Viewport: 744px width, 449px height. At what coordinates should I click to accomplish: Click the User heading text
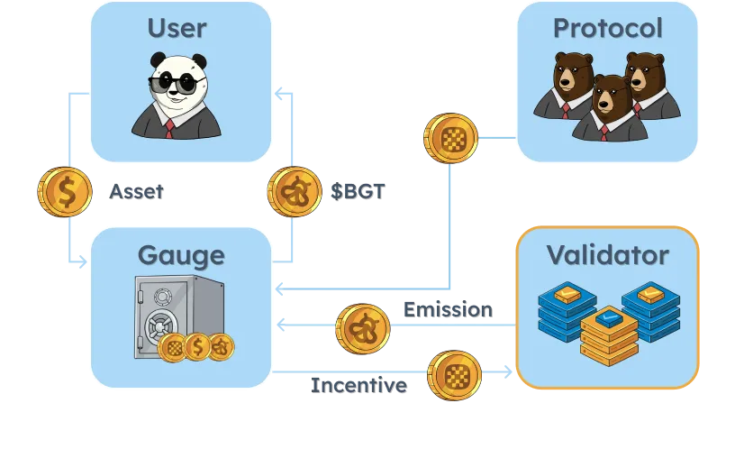click(177, 28)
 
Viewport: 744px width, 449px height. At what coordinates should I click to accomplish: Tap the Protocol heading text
click(608, 28)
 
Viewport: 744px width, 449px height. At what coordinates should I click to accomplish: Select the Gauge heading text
click(181, 256)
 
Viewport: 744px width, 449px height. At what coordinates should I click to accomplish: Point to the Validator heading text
click(608, 255)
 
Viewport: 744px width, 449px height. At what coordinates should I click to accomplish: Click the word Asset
click(136, 192)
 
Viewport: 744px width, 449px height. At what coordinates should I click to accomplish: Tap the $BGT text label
click(358, 191)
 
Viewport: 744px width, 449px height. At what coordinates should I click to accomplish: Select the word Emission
click(448, 310)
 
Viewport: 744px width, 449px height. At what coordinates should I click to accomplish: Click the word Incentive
click(358, 385)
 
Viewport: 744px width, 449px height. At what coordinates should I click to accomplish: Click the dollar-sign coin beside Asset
click(65, 192)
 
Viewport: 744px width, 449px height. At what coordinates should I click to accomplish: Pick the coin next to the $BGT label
click(295, 192)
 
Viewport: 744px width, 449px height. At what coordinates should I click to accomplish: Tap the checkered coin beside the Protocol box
click(450, 138)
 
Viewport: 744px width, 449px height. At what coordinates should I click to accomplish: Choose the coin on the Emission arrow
click(363, 329)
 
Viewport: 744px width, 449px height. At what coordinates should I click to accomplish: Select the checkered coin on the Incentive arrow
click(455, 375)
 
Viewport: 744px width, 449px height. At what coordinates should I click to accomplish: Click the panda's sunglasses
click(176, 83)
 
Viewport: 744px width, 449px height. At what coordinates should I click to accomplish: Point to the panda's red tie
click(169, 129)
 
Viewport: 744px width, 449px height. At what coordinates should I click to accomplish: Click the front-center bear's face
click(606, 96)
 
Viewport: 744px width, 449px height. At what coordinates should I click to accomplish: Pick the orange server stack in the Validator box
click(609, 335)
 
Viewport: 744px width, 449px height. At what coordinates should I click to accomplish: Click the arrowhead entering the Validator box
click(508, 372)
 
